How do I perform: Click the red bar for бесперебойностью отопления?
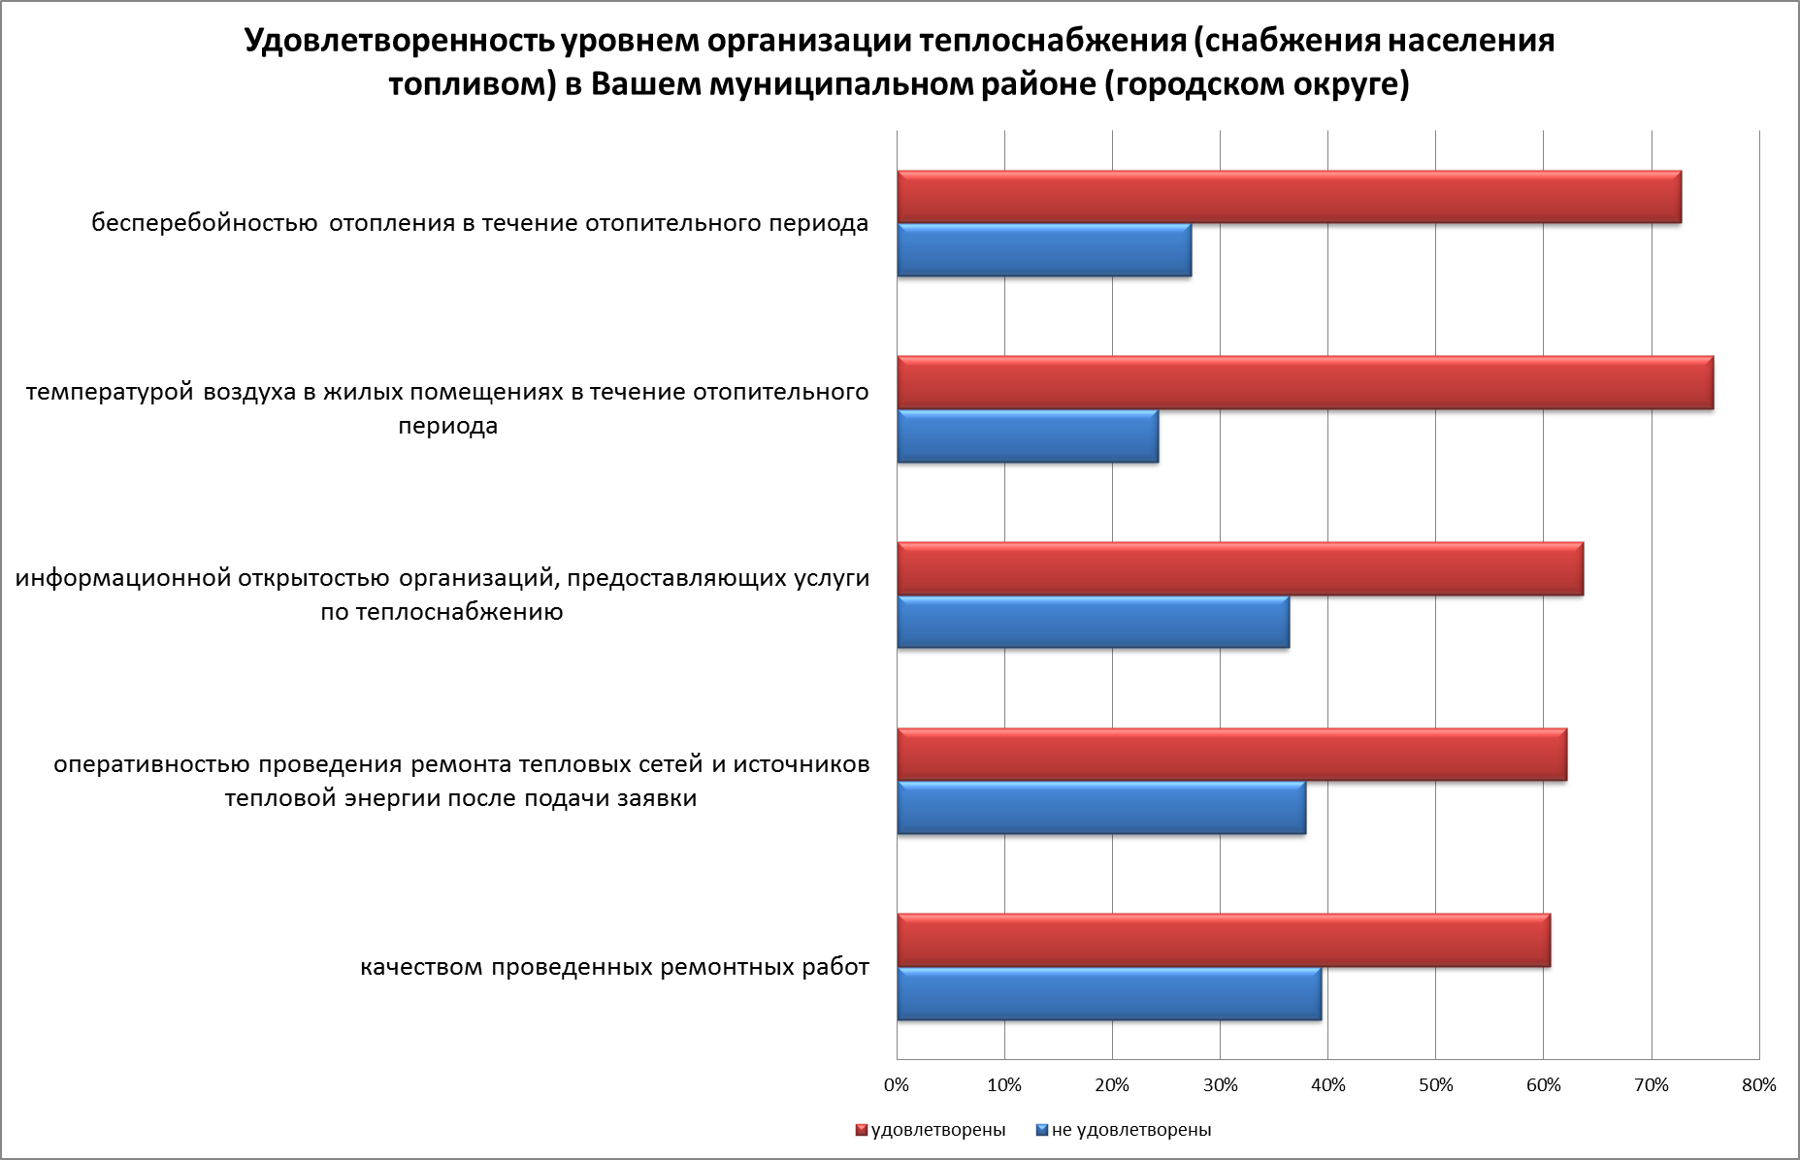pos(1289,198)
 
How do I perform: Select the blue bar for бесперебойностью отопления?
pos(1044,250)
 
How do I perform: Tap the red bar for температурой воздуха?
pos(1305,383)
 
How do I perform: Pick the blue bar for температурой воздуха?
pos(1028,436)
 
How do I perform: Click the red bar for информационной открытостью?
pos(1240,569)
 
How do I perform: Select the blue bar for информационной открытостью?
pos(1094,622)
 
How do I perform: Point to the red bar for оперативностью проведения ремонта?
pos(1231,755)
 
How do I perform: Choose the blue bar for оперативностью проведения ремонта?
pos(1101,808)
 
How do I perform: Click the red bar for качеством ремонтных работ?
pos(1224,941)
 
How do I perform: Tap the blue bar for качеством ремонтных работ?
pos(1109,994)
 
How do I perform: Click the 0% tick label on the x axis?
pos(897,1085)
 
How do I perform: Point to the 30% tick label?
pos(1220,1085)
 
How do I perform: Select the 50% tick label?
pos(1435,1085)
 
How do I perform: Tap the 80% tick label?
pos(1758,1085)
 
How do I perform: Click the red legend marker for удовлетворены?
pos(861,1130)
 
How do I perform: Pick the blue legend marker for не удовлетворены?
pos(1042,1130)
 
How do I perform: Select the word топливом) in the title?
pos(471,85)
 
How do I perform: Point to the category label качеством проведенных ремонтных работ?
pos(614,967)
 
